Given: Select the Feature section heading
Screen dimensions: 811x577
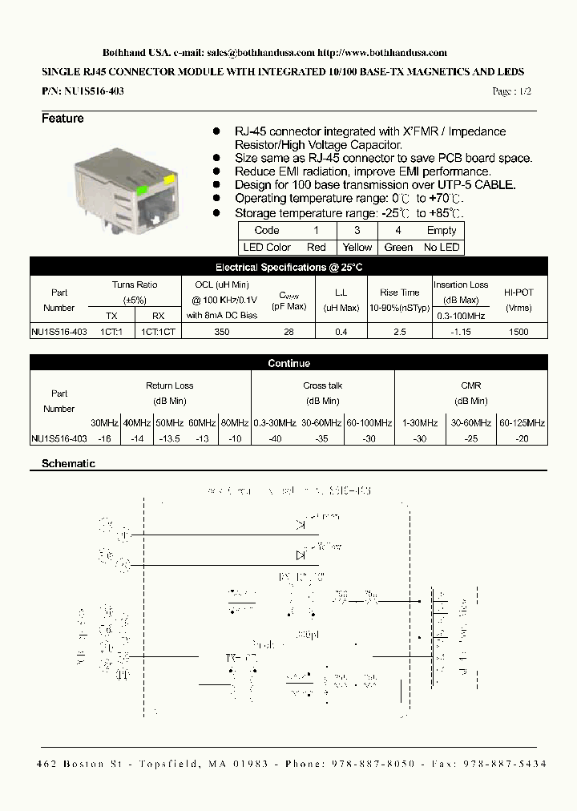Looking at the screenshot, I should pos(63,119).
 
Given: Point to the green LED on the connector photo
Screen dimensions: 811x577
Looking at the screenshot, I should pos(142,190).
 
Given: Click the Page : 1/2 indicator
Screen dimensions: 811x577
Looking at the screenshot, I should pos(512,92).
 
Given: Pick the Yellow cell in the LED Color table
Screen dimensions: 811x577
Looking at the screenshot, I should pos(357,248).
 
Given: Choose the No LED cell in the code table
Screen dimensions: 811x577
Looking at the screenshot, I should pos(442,248).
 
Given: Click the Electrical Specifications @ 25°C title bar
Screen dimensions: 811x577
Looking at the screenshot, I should pos(288,268).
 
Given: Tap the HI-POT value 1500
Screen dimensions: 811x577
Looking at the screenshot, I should pos(518,331).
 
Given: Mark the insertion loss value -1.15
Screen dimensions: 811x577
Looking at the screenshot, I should pos(460,331).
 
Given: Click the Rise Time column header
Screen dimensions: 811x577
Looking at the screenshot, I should pos(400,293).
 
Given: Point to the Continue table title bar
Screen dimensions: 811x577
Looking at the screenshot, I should pos(288,363).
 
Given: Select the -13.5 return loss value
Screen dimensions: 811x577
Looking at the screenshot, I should pos(169,438).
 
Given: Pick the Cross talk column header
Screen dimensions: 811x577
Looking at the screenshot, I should pos(322,386).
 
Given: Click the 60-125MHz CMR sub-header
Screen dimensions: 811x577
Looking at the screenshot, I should pos(523,422).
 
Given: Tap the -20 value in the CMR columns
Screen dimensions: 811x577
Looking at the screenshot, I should pos(522,438).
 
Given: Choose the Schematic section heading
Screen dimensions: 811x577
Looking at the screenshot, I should pos(68,464).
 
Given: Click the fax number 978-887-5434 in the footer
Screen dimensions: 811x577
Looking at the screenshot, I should pos(511,765).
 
